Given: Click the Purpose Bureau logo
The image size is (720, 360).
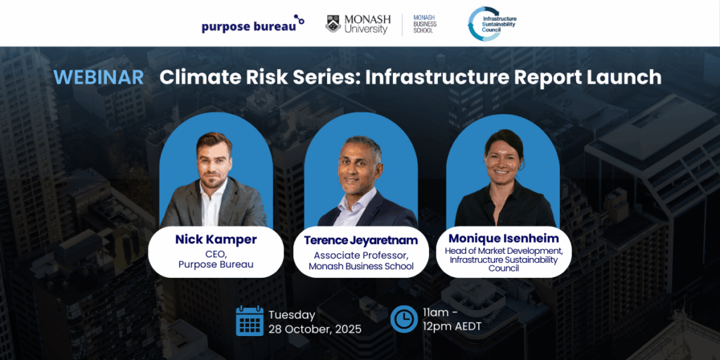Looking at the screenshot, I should (x=252, y=25).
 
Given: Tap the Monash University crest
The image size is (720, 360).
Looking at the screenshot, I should (x=333, y=24).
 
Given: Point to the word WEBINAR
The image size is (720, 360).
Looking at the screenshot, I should (x=99, y=77).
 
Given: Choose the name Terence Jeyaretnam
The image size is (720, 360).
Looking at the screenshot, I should (x=361, y=240).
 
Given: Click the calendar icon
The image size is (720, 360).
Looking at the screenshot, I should (x=250, y=321).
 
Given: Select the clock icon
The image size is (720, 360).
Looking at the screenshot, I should (x=404, y=318).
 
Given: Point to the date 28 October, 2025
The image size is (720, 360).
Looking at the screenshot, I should (x=315, y=329).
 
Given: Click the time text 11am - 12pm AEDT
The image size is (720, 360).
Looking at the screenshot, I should (x=453, y=320).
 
